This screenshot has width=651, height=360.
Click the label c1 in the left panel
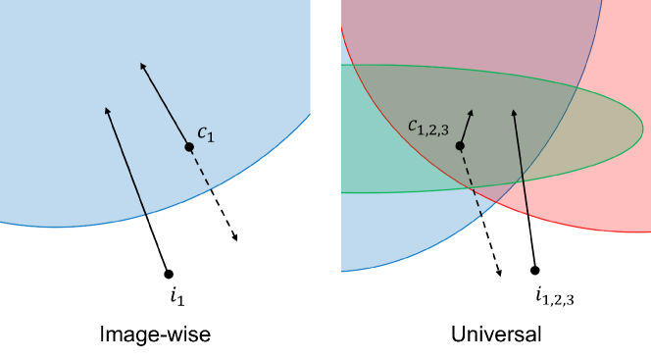point(205,132)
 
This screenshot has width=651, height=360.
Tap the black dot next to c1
point(189,147)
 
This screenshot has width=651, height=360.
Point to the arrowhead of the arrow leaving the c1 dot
point(142,65)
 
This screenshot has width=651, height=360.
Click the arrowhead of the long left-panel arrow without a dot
point(107,110)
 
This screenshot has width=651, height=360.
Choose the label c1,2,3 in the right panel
point(428,127)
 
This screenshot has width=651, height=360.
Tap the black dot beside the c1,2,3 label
point(460,145)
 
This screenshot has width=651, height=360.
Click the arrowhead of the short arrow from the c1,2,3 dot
point(471,112)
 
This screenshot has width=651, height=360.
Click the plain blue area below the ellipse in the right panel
point(412,231)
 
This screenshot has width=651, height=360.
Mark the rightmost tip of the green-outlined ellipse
point(642,127)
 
